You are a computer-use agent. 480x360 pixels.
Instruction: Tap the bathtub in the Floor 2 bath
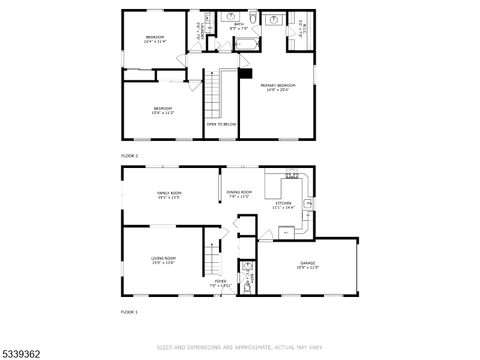tap(246, 43)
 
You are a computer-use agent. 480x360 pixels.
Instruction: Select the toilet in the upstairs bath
tap(253, 19)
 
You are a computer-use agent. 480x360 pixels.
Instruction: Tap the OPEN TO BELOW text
tap(221, 124)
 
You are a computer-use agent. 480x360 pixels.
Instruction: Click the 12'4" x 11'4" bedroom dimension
tap(154, 41)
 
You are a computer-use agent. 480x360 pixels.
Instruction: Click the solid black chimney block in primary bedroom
tap(245, 73)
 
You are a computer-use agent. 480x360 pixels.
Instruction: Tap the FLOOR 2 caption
tap(130, 155)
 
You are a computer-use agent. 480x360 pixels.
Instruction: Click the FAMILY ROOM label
tap(169, 193)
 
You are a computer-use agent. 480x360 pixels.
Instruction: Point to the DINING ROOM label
tap(239, 192)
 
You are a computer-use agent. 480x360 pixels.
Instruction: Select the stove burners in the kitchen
tap(293, 175)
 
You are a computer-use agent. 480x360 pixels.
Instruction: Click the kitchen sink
tap(308, 205)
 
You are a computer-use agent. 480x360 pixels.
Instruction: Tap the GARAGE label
tap(307, 263)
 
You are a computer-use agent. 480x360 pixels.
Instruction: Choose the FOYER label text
tap(221, 281)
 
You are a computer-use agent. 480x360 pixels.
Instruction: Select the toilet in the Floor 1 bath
tap(247, 288)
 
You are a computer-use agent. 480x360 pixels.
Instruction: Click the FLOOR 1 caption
tap(130, 312)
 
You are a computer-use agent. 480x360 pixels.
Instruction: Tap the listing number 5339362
tap(20, 354)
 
